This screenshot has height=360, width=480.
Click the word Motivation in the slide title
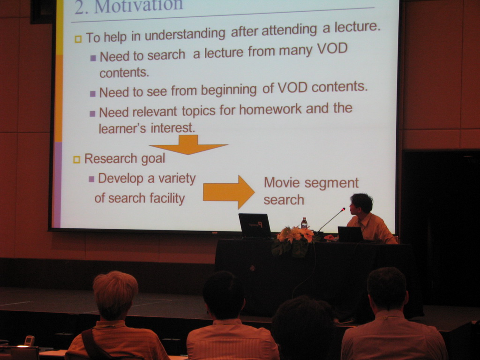tap(139, 6)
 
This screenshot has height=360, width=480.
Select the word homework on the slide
tap(270, 109)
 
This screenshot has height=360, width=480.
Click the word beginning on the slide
tap(228, 90)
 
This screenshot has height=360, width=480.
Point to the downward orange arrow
tap(188, 144)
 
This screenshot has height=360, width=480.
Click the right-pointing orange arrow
tap(229, 192)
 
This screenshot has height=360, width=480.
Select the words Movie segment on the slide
tap(311, 183)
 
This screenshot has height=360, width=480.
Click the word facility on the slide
tap(167, 198)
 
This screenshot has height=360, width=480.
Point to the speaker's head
tap(361, 203)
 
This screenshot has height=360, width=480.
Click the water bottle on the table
tap(304, 223)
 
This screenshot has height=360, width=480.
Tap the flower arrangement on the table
tap(293, 240)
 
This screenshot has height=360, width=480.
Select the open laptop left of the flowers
tap(255, 225)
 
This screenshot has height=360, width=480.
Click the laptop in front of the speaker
tap(351, 234)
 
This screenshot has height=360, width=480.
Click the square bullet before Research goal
tap(76, 159)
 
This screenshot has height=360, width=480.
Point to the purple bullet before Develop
tap(91, 179)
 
